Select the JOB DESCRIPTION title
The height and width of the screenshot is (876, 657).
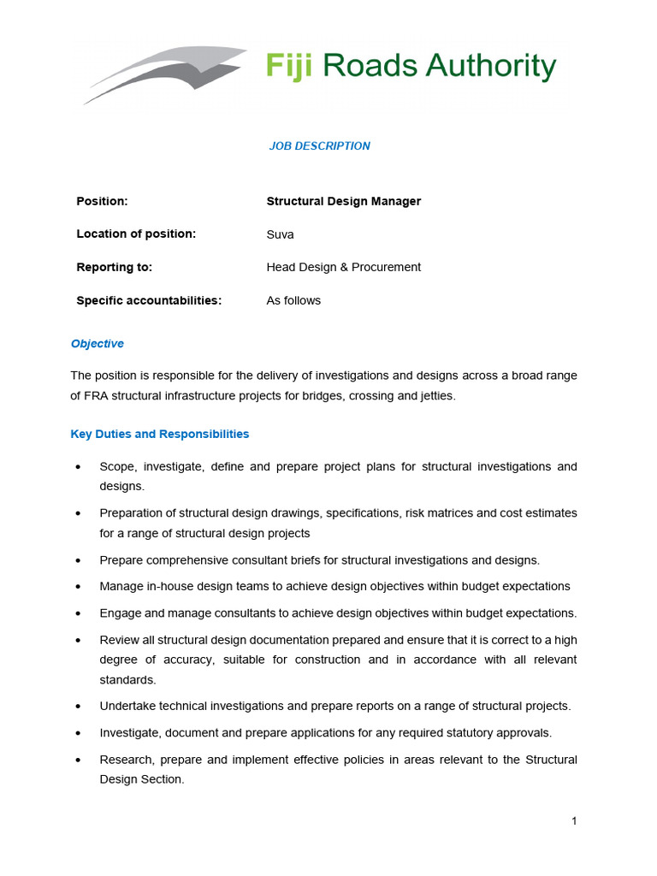pos(320,146)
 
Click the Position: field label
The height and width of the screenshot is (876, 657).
pos(102,201)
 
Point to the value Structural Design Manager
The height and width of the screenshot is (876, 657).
pos(344,201)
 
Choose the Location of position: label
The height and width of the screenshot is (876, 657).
pos(136,234)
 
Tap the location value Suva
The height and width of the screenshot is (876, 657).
pos(280,234)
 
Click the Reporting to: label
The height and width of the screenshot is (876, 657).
pos(114,267)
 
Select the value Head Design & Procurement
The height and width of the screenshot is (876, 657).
pos(344,267)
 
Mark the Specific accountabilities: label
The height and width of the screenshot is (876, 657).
pos(149,300)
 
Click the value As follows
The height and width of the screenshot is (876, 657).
pos(293,300)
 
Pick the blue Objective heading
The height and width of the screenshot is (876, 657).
pos(97,344)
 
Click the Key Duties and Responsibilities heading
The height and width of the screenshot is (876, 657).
pos(159,434)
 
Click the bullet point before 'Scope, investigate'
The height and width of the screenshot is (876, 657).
pos(79,467)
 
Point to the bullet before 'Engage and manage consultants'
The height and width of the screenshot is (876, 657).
pos(79,613)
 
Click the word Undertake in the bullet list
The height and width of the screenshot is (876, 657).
pos(127,707)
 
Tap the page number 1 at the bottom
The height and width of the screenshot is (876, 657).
pos(574,821)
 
